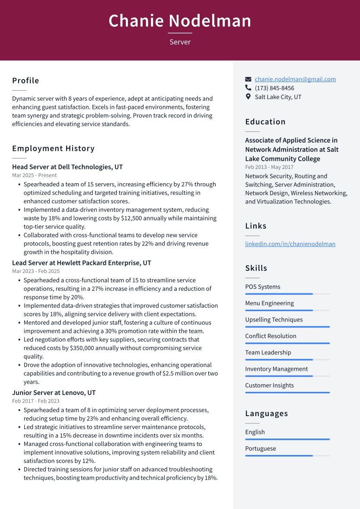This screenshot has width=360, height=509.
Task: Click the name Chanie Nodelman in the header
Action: click(180, 21)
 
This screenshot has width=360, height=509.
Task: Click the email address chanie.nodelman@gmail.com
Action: click(295, 79)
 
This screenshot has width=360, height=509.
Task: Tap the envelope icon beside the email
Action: click(248, 79)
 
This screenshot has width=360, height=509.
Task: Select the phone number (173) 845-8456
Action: click(274, 88)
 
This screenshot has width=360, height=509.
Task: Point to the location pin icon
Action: click(248, 97)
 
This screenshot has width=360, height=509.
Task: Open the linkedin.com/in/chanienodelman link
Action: click(290, 244)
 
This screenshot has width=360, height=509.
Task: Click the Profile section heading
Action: click(25, 81)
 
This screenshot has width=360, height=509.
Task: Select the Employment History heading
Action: click(53, 149)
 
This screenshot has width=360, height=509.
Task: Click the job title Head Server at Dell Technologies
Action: click(67, 167)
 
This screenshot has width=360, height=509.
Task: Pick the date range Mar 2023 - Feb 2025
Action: click(36, 271)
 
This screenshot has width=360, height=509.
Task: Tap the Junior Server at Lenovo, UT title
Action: click(54, 393)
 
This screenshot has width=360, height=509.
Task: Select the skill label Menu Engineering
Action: click(269, 303)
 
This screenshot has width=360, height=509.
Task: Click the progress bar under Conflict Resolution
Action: click(287, 343)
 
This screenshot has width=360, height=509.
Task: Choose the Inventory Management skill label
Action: click(277, 369)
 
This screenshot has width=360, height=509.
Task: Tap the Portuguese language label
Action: click(260, 449)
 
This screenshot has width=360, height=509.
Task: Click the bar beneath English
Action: click(287, 439)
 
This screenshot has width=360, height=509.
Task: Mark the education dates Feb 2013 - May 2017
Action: click(269, 167)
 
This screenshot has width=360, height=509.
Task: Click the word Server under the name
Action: click(180, 42)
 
